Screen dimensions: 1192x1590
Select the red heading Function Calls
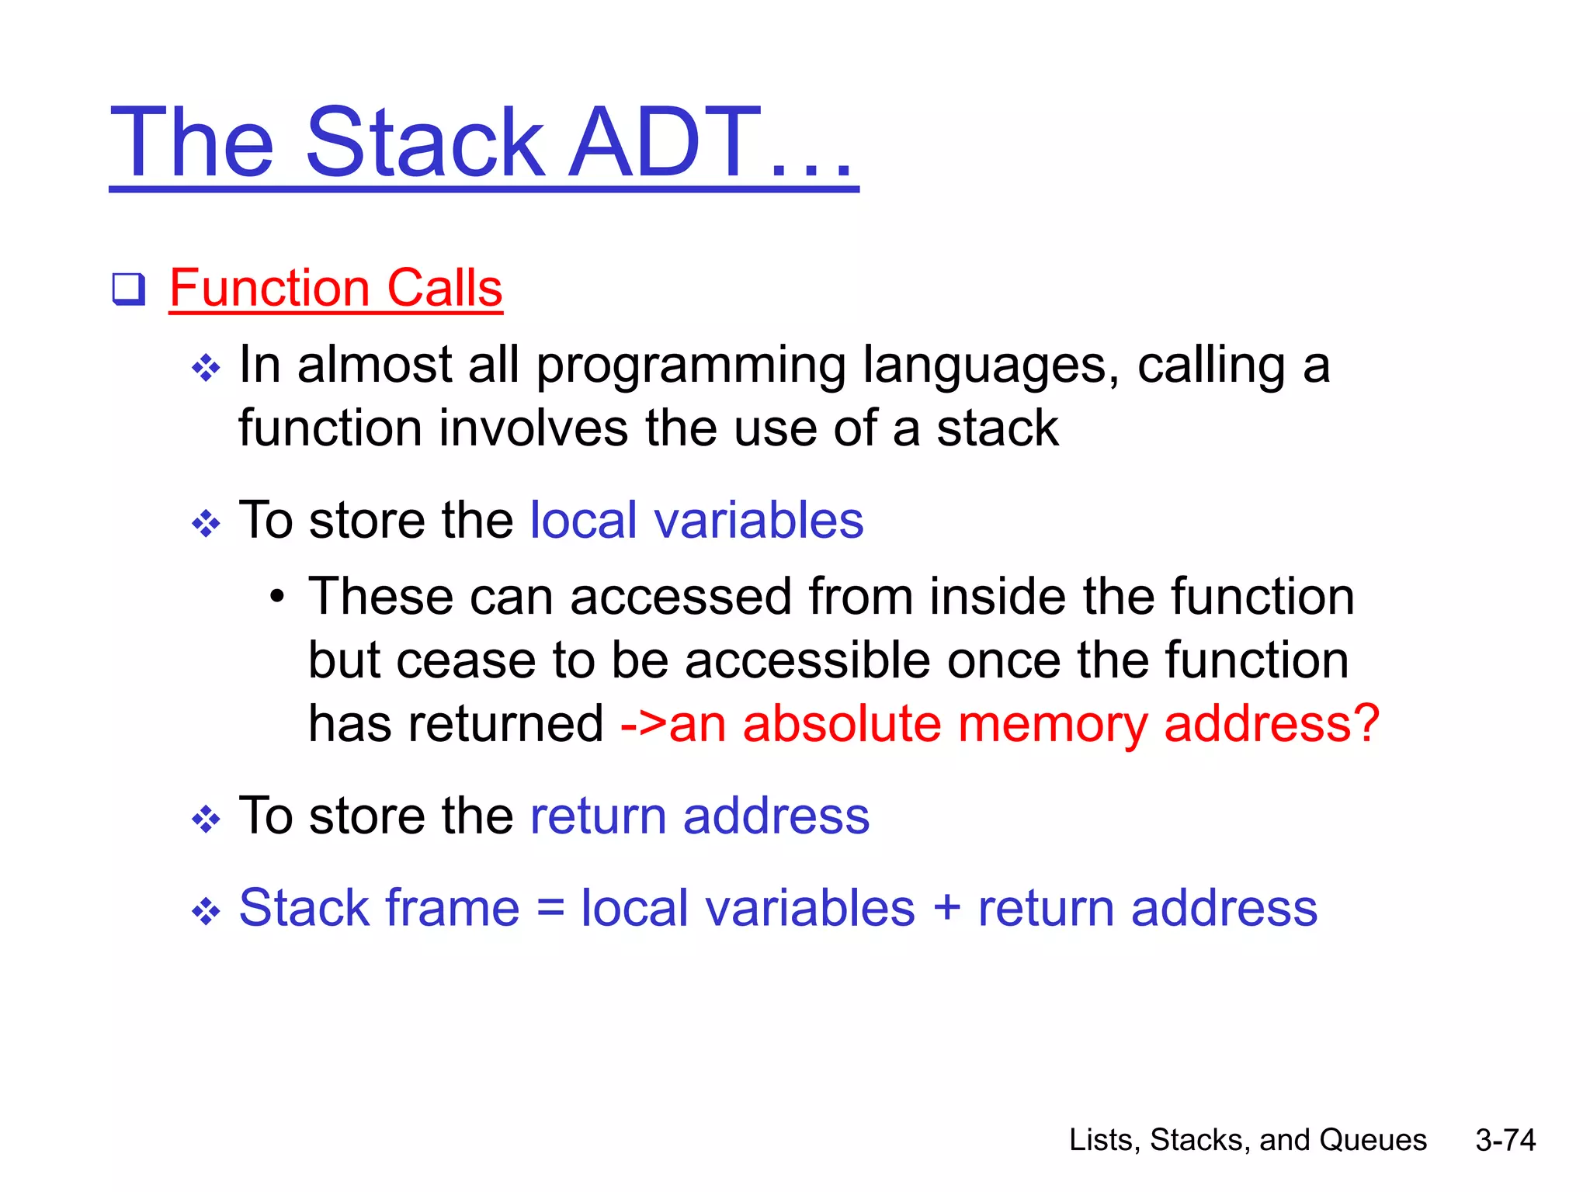335,288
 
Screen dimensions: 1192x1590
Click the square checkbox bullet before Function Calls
129,289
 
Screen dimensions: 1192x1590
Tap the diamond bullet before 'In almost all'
206,368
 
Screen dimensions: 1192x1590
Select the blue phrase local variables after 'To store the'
696,520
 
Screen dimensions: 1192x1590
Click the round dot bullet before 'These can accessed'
277,598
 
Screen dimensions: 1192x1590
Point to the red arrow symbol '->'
644,725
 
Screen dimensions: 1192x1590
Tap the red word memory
1052,725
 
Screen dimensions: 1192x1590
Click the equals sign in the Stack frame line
550,908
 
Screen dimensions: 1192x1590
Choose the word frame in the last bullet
451,908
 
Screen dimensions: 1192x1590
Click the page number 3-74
1505,1140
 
